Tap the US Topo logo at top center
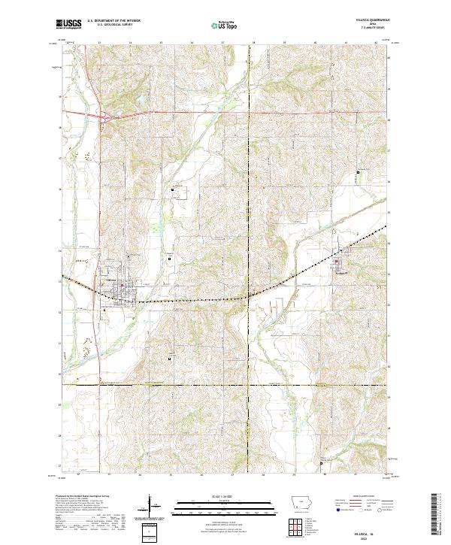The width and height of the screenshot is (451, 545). point(225,25)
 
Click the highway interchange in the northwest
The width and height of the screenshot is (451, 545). point(105,116)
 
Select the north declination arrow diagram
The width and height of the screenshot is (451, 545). point(150,511)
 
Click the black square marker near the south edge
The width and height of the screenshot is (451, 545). point(322,463)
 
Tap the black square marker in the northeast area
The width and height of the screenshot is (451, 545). point(358,173)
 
